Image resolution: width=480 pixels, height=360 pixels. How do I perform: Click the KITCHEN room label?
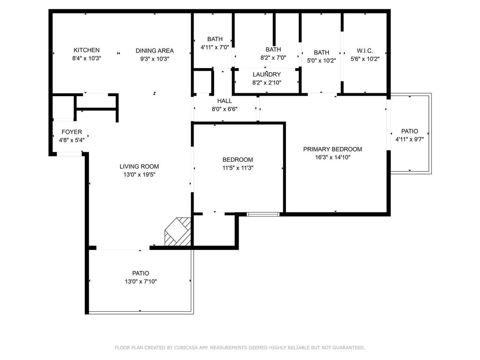coord(86,50)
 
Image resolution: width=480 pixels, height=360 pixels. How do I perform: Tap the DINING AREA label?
coord(155,51)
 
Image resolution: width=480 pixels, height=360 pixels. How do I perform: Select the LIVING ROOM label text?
coord(139,166)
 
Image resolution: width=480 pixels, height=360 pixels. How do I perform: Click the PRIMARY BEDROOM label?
coord(332,149)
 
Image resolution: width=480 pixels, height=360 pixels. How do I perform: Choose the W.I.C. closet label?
coord(365,50)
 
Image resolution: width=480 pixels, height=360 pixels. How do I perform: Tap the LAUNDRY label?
coord(266,75)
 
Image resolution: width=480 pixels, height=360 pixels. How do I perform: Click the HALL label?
coord(225,101)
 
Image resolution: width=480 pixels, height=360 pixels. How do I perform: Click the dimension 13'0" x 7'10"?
coord(141,281)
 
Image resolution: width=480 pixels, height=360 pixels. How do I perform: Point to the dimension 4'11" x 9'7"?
coord(409,139)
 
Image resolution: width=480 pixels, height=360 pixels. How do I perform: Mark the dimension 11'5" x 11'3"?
coord(238,168)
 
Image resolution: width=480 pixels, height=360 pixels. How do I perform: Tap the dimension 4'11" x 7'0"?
coord(215,47)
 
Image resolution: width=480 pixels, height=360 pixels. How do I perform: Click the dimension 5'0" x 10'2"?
coord(322,60)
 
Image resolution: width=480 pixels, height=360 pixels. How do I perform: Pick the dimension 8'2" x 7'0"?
coord(273,58)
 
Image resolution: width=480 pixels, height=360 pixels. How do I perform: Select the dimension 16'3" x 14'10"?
coord(332,157)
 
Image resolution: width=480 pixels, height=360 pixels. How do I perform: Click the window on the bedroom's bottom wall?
coord(263,214)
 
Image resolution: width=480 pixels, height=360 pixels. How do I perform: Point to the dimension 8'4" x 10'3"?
coord(86,59)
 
